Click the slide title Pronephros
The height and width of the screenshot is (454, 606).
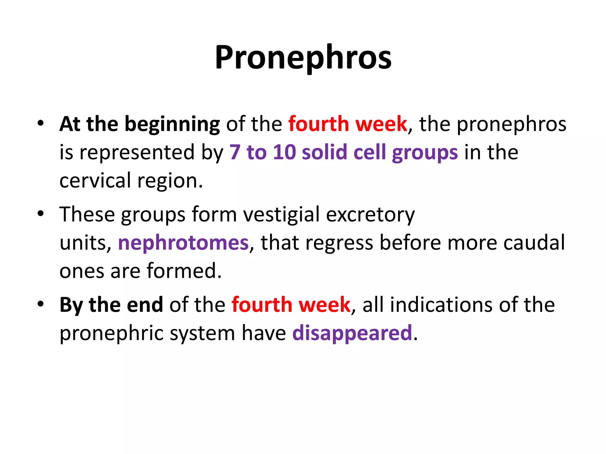[x=303, y=58]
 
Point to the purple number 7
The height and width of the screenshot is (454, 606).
[x=235, y=153]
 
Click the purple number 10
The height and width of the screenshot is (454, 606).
[x=284, y=153]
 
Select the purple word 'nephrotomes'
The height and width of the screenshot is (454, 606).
[x=183, y=243]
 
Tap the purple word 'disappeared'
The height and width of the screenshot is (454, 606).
[x=352, y=333]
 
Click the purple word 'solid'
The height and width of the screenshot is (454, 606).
[x=324, y=153]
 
